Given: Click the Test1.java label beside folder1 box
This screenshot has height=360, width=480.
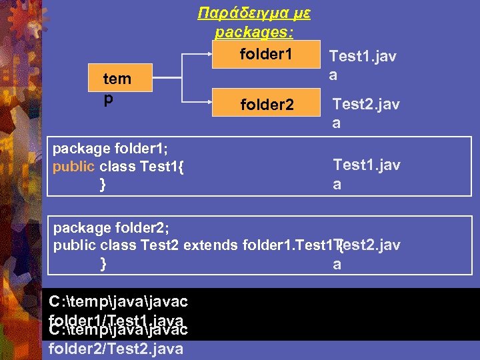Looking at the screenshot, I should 363,65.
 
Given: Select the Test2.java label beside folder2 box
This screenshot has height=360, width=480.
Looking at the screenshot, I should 366,113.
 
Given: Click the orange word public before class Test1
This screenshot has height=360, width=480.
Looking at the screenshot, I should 73,167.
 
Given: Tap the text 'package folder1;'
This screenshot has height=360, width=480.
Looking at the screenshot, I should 109,148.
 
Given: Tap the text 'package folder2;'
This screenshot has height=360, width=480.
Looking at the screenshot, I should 110,227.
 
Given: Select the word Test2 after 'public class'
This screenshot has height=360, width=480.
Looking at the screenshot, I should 160,245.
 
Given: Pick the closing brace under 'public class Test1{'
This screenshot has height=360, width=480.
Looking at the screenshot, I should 102,185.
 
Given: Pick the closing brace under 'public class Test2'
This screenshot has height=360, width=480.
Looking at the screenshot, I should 103,263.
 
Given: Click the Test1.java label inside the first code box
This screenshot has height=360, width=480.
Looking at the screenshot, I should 366,174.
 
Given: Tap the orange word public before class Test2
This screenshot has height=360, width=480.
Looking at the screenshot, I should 73,245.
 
